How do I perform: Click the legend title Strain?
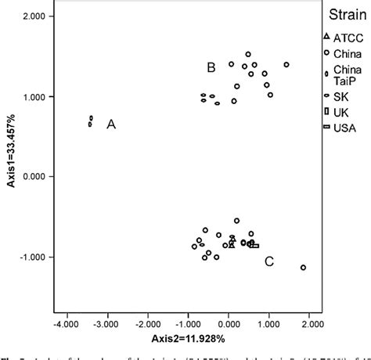coord(343,14)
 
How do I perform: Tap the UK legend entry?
coord(340,111)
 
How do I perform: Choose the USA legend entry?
coord(343,128)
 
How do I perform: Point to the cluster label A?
coord(111,124)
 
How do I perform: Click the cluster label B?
coord(211,68)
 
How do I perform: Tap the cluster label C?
coord(268,261)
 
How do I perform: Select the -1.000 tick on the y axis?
coord(27,257)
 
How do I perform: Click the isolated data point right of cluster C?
coord(303,268)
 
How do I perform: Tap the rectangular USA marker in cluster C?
coord(254,245)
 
